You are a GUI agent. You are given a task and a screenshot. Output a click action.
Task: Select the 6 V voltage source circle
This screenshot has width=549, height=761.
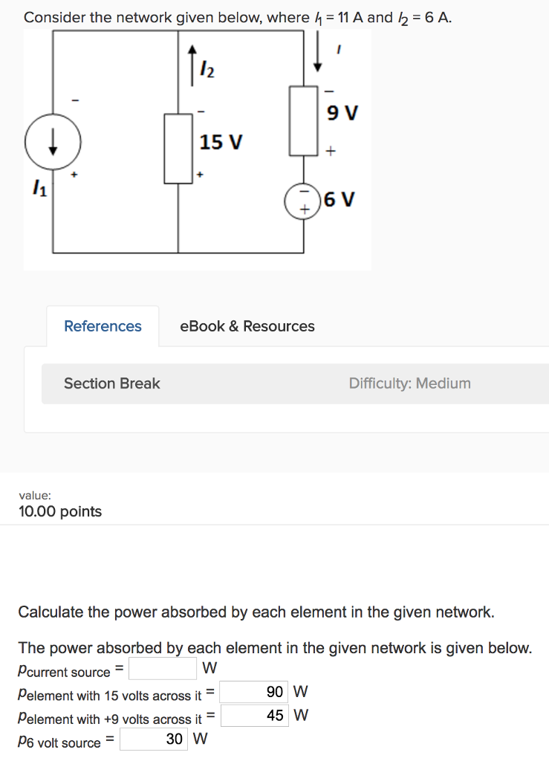[303, 201]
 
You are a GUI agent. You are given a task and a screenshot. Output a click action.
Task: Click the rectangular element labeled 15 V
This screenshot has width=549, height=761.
[178, 148]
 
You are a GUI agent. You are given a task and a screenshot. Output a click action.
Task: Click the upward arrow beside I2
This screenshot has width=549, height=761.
[192, 62]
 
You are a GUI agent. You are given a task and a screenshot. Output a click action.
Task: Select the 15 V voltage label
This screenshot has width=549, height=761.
[221, 142]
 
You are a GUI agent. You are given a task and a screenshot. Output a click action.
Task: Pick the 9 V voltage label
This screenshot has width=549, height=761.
[342, 114]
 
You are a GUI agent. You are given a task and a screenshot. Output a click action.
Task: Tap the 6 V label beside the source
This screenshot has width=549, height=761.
[340, 200]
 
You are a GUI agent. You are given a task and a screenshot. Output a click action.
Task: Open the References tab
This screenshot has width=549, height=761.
[103, 326]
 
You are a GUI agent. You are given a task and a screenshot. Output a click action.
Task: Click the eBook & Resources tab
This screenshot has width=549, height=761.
[247, 326]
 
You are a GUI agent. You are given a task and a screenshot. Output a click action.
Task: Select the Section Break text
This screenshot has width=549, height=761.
[111, 383]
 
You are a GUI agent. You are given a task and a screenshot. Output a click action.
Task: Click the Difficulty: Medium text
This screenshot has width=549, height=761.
[409, 383]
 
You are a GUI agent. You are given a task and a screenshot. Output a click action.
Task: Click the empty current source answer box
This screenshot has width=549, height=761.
[163, 669]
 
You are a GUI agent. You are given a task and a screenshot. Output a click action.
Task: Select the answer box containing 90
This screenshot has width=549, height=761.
[254, 692]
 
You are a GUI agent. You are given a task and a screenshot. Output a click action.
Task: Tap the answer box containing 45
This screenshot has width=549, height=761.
[254, 716]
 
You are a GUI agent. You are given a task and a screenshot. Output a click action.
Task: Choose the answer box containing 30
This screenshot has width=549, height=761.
[154, 739]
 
